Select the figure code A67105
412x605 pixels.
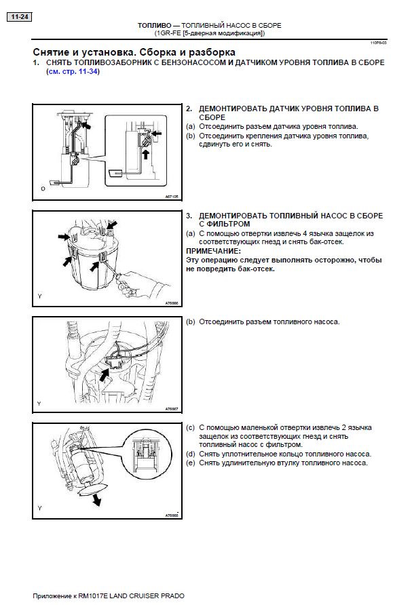point(170,197)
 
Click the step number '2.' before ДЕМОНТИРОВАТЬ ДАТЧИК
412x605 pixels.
point(189,109)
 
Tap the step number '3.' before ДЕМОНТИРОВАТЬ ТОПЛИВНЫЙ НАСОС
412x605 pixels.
point(189,215)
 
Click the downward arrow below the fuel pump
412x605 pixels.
point(97,499)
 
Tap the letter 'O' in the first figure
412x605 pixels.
point(43,188)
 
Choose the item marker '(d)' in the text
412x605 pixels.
point(190,454)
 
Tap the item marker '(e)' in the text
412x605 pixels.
point(190,463)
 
